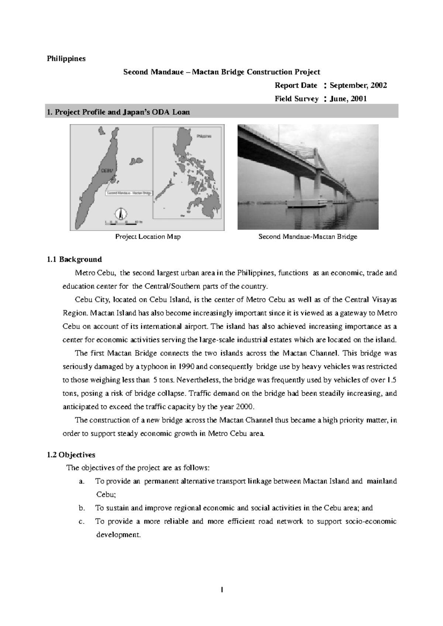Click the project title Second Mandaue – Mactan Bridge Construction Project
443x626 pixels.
coord(221,72)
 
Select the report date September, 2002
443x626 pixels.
coord(358,86)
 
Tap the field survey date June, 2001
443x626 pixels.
coord(348,99)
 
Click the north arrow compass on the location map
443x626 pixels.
coord(121,213)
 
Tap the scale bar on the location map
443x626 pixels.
coord(122,222)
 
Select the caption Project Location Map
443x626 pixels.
coord(148,237)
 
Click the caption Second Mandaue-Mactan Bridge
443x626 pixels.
coord(308,237)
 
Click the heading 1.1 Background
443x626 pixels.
coord(74,260)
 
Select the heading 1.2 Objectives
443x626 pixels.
coord(71,455)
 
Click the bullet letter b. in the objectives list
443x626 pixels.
coord(82,508)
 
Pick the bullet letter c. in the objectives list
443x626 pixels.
coord(82,521)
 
